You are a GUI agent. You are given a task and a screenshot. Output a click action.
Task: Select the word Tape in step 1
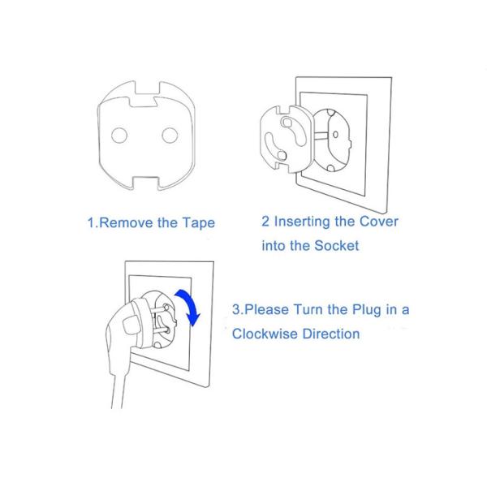point(199,222)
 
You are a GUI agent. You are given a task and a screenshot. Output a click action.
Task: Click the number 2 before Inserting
point(265,222)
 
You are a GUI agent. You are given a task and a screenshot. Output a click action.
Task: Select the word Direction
point(331,334)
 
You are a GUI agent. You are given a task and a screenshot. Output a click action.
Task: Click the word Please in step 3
point(278,309)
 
